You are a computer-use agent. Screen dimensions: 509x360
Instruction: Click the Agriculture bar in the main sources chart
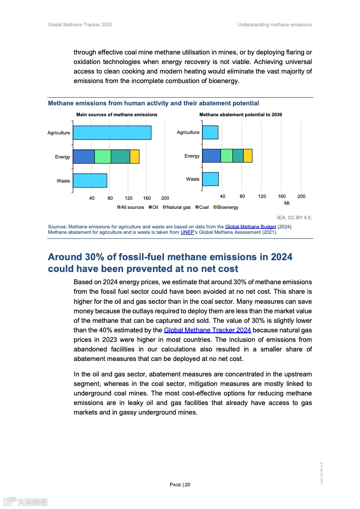(112, 133)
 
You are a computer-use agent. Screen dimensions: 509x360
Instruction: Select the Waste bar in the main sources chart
(90, 181)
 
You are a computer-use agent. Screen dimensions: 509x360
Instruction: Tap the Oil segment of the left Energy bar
(84, 157)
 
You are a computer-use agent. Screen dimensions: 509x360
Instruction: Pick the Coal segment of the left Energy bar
(120, 157)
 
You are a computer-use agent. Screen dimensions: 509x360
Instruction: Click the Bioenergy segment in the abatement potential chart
(247, 156)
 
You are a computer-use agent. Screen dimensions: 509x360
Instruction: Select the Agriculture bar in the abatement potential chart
(210, 132)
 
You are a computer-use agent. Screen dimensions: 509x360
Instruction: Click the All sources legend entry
(131, 208)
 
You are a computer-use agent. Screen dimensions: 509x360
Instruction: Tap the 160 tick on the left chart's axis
(147, 198)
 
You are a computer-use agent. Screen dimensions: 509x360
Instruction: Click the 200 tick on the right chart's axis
(301, 196)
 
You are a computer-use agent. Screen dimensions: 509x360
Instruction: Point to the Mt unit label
(287, 203)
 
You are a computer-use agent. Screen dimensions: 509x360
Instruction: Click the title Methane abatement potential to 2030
(241, 115)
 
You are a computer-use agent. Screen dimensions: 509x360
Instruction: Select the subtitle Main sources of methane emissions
(117, 115)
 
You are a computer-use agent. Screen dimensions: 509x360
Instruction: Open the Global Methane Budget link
(250, 227)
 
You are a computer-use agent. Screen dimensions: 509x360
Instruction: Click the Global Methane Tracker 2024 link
(207, 331)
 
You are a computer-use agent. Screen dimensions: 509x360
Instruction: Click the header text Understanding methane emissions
(275, 25)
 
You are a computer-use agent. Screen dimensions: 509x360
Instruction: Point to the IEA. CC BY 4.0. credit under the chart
(294, 217)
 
